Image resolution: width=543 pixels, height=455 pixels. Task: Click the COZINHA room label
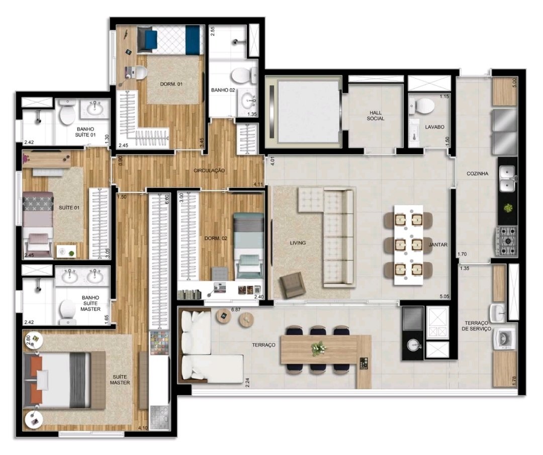click(477, 174)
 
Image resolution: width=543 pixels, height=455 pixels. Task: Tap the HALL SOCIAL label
click(376, 116)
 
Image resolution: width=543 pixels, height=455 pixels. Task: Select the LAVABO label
click(434, 127)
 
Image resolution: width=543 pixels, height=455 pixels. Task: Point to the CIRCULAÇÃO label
click(209, 171)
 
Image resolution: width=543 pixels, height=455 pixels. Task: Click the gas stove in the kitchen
click(507, 241)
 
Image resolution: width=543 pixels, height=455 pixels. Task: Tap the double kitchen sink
click(508, 179)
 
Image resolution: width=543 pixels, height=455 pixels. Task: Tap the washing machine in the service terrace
click(504, 339)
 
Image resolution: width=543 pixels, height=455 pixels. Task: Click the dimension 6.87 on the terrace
click(236, 310)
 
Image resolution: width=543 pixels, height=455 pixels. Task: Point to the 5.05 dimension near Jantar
click(444, 296)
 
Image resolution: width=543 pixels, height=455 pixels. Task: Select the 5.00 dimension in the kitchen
click(514, 83)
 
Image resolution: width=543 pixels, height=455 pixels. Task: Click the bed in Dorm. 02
click(248, 246)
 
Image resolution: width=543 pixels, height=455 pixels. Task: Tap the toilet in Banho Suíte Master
click(67, 312)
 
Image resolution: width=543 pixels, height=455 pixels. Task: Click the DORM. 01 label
click(171, 84)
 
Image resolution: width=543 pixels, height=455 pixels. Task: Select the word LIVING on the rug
click(298, 243)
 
